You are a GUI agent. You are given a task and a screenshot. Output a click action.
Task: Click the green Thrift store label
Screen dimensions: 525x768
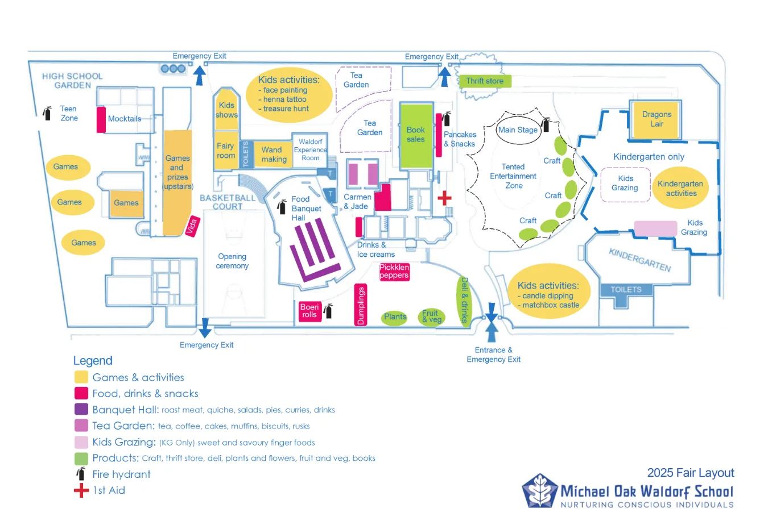tap(485, 81)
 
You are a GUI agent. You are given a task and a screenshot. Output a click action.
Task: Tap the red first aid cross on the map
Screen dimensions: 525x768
tap(444, 198)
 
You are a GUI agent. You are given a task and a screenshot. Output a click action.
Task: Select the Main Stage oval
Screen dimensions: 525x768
tap(518, 130)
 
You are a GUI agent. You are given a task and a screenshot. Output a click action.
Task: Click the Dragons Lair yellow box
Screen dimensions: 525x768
tap(656, 119)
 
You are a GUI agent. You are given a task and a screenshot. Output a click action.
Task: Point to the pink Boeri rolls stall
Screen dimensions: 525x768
tap(309, 311)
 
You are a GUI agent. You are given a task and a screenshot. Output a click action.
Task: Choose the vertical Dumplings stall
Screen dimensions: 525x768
tap(360, 305)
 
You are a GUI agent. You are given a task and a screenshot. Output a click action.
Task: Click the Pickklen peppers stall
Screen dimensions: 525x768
tap(394, 272)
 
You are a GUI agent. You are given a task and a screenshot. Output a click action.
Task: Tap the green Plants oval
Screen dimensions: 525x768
tap(395, 317)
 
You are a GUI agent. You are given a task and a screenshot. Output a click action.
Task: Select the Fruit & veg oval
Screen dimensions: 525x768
tap(431, 316)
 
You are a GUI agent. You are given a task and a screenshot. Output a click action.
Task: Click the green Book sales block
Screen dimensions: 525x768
tap(416, 135)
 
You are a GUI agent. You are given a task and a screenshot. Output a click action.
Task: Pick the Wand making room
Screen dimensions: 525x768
tap(273, 155)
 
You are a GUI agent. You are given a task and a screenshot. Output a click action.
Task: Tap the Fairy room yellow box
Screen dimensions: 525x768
tap(225, 151)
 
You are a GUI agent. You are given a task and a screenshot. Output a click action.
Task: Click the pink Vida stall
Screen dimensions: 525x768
tap(192, 226)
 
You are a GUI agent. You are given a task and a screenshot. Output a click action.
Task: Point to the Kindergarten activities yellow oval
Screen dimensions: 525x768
tap(680, 188)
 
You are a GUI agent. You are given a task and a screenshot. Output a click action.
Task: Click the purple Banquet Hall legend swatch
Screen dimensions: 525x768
tap(81, 409)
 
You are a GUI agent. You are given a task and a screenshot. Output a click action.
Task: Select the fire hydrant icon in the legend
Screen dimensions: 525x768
tap(81, 474)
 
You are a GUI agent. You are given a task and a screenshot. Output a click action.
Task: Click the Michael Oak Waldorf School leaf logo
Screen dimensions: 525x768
tap(539, 490)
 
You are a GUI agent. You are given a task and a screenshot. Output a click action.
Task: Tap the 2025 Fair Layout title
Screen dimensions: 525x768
tap(690, 473)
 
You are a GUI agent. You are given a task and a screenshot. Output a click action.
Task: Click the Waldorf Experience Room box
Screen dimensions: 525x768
tap(310, 150)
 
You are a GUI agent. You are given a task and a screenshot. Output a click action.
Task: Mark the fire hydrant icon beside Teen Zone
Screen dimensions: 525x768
tap(47, 113)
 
